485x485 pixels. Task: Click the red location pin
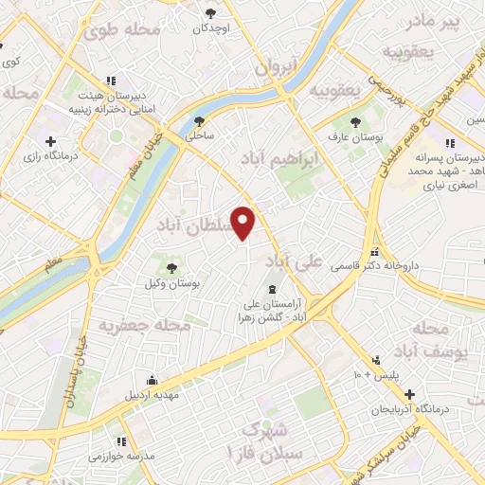click(244, 222)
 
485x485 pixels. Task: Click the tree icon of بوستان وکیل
click(171, 269)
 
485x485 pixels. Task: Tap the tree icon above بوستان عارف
click(356, 122)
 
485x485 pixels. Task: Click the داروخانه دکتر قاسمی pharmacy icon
click(376, 252)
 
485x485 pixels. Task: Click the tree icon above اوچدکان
click(210, 13)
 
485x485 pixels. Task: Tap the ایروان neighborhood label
click(277, 67)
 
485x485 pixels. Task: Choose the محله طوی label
click(120, 30)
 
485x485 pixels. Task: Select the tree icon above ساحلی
click(199, 120)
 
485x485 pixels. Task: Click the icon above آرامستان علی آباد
click(273, 289)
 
